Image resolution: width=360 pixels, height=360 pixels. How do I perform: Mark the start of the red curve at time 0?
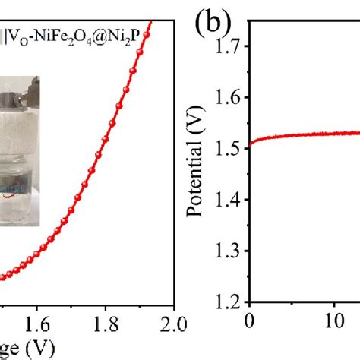[250, 142]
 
